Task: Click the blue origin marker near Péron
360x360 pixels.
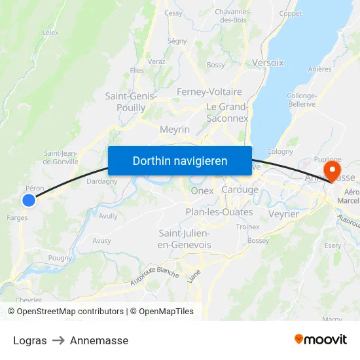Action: click(x=29, y=200)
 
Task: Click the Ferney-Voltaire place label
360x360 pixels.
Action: click(x=209, y=92)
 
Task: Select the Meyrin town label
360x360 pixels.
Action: click(x=175, y=130)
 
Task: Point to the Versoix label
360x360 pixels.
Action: click(x=268, y=63)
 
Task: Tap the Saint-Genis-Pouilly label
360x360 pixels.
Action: click(x=131, y=102)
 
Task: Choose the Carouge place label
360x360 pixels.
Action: click(x=240, y=190)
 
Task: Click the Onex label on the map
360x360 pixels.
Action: click(x=202, y=190)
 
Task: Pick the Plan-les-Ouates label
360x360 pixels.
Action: click(x=219, y=212)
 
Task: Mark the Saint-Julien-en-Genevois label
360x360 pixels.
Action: click(x=185, y=239)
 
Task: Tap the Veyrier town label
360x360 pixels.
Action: click(x=283, y=214)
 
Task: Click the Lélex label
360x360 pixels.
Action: click(x=50, y=32)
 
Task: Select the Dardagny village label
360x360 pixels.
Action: click(x=102, y=181)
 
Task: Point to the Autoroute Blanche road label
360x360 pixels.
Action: click(x=154, y=270)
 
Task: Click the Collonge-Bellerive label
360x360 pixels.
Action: click(x=301, y=100)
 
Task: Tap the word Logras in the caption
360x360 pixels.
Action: click(x=30, y=340)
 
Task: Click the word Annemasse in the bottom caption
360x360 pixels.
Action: click(x=99, y=340)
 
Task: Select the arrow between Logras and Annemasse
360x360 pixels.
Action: click(x=58, y=340)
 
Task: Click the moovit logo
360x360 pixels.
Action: click(x=321, y=339)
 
